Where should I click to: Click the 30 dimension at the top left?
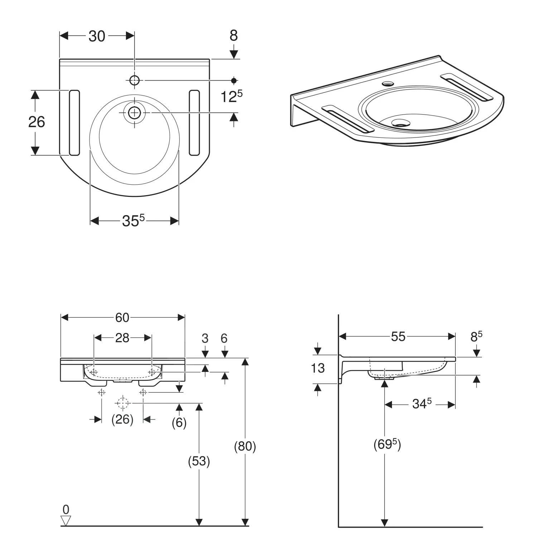(97, 36)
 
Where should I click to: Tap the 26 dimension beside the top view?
(37, 122)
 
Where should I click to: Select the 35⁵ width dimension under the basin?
(133, 221)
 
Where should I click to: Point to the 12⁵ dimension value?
(231, 96)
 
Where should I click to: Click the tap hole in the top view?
(134, 81)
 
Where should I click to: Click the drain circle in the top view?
(134, 113)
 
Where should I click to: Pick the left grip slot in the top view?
(74, 123)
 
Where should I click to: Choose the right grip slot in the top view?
(194, 123)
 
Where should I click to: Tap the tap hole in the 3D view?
(387, 84)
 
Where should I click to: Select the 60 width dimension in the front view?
(122, 318)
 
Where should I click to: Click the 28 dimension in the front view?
(122, 338)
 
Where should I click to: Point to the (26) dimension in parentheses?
(122, 419)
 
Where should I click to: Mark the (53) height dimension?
(199, 461)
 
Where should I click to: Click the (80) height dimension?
(245, 446)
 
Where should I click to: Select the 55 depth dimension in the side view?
(398, 337)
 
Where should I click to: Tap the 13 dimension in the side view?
(318, 368)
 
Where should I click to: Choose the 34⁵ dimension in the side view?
(422, 404)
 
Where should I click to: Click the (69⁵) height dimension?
(387, 445)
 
